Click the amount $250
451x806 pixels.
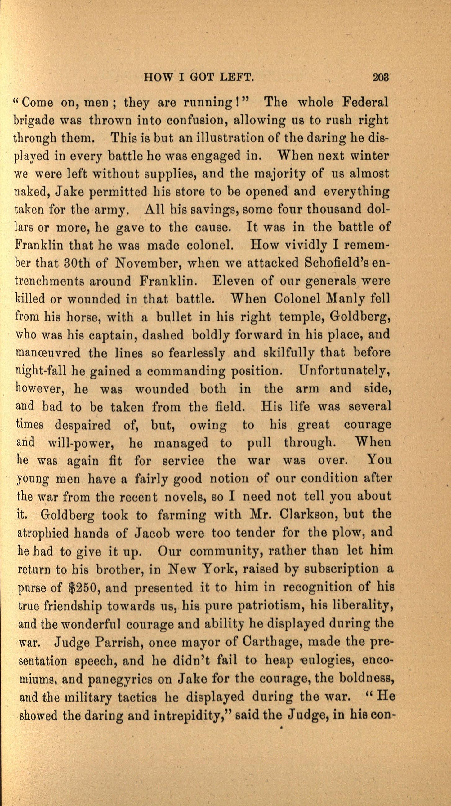coord(84,587)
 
